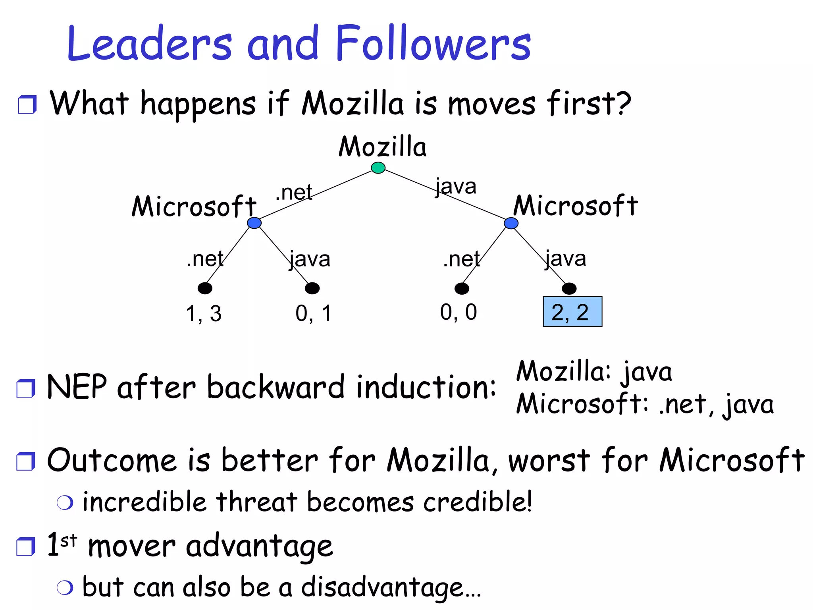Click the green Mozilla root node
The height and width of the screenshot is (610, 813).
click(378, 168)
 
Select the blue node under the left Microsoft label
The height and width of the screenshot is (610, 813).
click(254, 223)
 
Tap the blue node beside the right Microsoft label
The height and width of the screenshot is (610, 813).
click(511, 223)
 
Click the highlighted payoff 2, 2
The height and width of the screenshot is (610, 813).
click(572, 312)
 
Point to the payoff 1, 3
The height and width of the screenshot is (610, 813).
click(204, 313)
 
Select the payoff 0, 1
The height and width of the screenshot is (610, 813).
click(313, 313)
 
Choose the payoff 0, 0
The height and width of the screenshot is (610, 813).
click(459, 312)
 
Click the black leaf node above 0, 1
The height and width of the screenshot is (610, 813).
click(312, 288)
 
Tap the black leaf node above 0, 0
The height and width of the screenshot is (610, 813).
click(462, 288)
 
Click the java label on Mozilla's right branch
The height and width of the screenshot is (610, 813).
click(456, 187)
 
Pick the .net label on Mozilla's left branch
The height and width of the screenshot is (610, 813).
click(294, 193)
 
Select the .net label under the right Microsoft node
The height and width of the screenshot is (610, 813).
click(461, 259)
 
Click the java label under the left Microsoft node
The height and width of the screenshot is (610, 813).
click(310, 259)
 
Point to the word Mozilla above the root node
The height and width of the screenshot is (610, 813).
click(382, 147)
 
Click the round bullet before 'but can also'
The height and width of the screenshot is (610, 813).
click(65, 587)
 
